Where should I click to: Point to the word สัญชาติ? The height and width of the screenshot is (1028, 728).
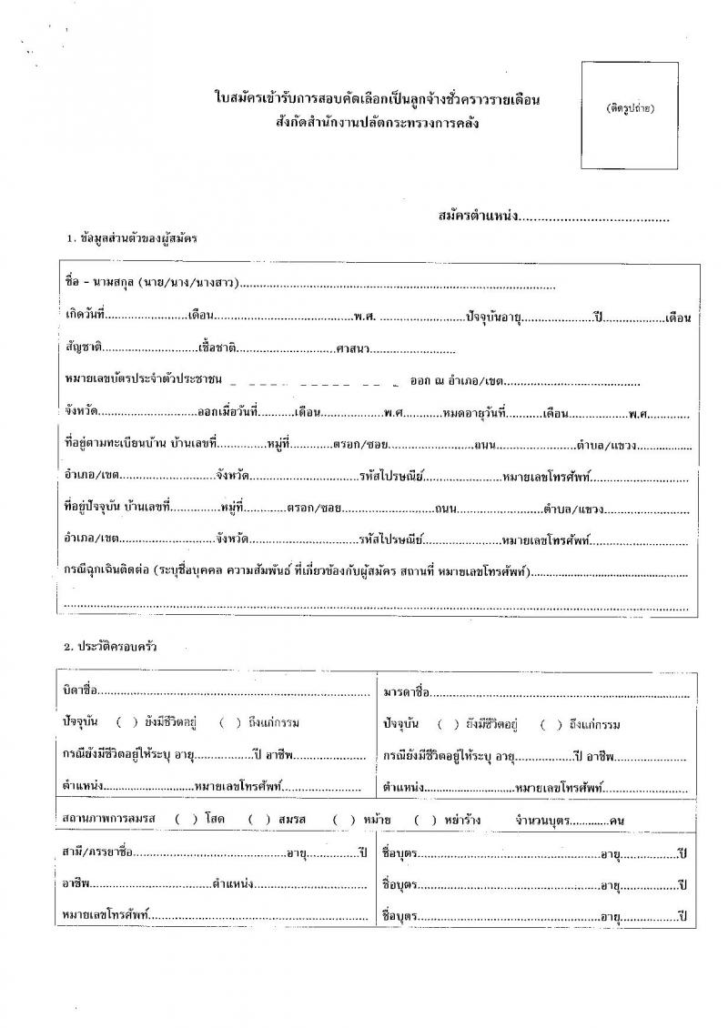coord(83,348)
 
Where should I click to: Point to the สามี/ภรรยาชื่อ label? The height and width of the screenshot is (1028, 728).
coord(99,852)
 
